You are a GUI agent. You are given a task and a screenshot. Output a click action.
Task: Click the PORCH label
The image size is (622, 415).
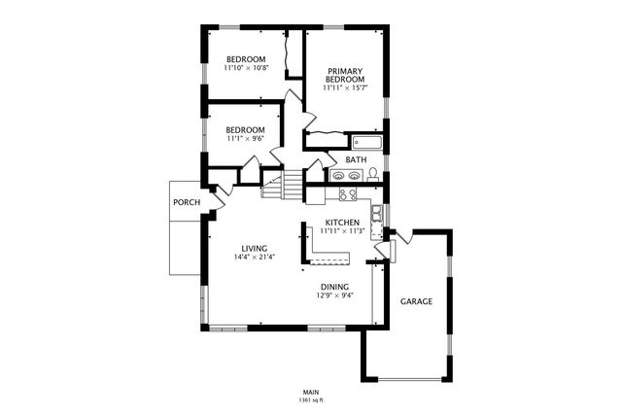(186, 203)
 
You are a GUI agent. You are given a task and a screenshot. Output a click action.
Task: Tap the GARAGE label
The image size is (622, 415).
(416, 301)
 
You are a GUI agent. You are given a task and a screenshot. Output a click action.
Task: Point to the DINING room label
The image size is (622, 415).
(334, 286)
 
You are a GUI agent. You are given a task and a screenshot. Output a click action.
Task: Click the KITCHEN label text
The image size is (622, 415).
(342, 222)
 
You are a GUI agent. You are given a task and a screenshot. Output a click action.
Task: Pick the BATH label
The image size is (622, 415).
(356, 159)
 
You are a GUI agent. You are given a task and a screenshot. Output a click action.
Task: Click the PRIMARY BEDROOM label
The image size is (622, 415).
(344, 75)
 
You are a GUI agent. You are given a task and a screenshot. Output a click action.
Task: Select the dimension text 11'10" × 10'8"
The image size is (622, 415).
(244, 68)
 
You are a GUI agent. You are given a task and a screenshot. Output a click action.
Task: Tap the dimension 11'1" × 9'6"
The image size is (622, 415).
(245, 139)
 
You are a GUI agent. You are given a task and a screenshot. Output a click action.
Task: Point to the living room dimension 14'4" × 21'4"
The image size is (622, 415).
(255, 259)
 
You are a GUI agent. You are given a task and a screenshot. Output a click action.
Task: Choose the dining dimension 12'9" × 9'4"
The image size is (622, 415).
(334, 295)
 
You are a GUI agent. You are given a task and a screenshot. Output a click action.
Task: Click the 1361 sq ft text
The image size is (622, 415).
(311, 400)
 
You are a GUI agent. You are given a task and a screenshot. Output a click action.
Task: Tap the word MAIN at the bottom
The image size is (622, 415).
(311, 392)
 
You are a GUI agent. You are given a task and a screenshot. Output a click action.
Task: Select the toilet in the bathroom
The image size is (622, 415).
(372, 175)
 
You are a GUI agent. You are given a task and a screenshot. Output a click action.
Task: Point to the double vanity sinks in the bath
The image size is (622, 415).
(345, 176)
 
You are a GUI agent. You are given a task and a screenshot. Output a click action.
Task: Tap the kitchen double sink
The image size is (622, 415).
(376, 212)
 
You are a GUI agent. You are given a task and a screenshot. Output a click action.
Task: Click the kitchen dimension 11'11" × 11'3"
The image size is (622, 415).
(342, 231)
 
